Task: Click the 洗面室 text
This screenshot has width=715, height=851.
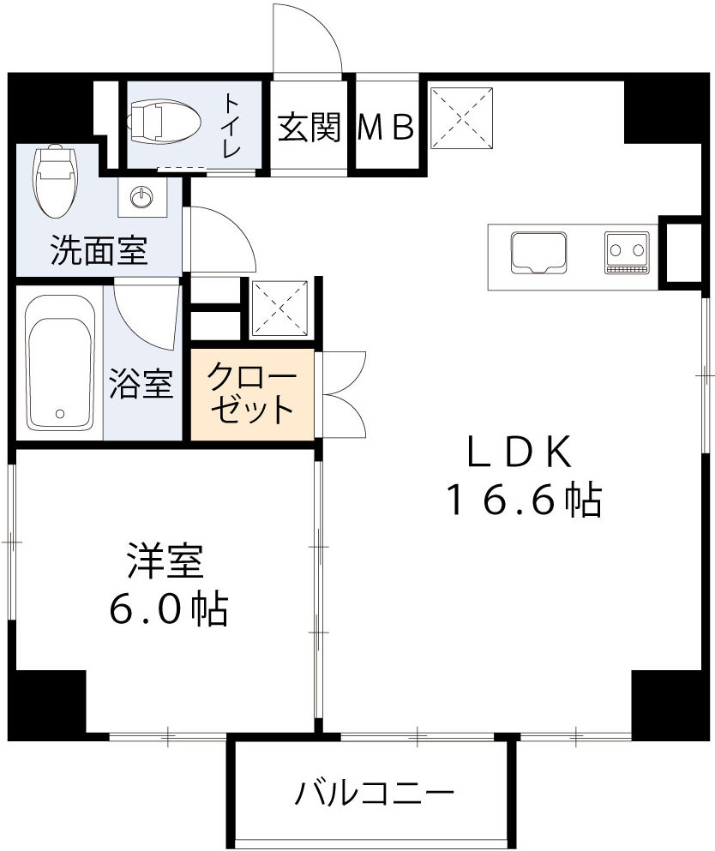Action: click(99, 250)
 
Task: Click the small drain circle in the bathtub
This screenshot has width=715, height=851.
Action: click(59, 414)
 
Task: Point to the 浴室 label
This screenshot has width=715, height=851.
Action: click(142, 385)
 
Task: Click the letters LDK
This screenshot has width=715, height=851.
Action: click(519, 452)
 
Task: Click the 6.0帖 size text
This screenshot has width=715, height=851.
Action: click(167, 609)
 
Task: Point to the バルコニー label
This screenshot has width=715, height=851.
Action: click(375, 794)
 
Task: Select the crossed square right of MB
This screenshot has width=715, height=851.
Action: click(464, 118)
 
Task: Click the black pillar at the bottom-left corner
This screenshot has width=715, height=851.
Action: click(49, 702)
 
